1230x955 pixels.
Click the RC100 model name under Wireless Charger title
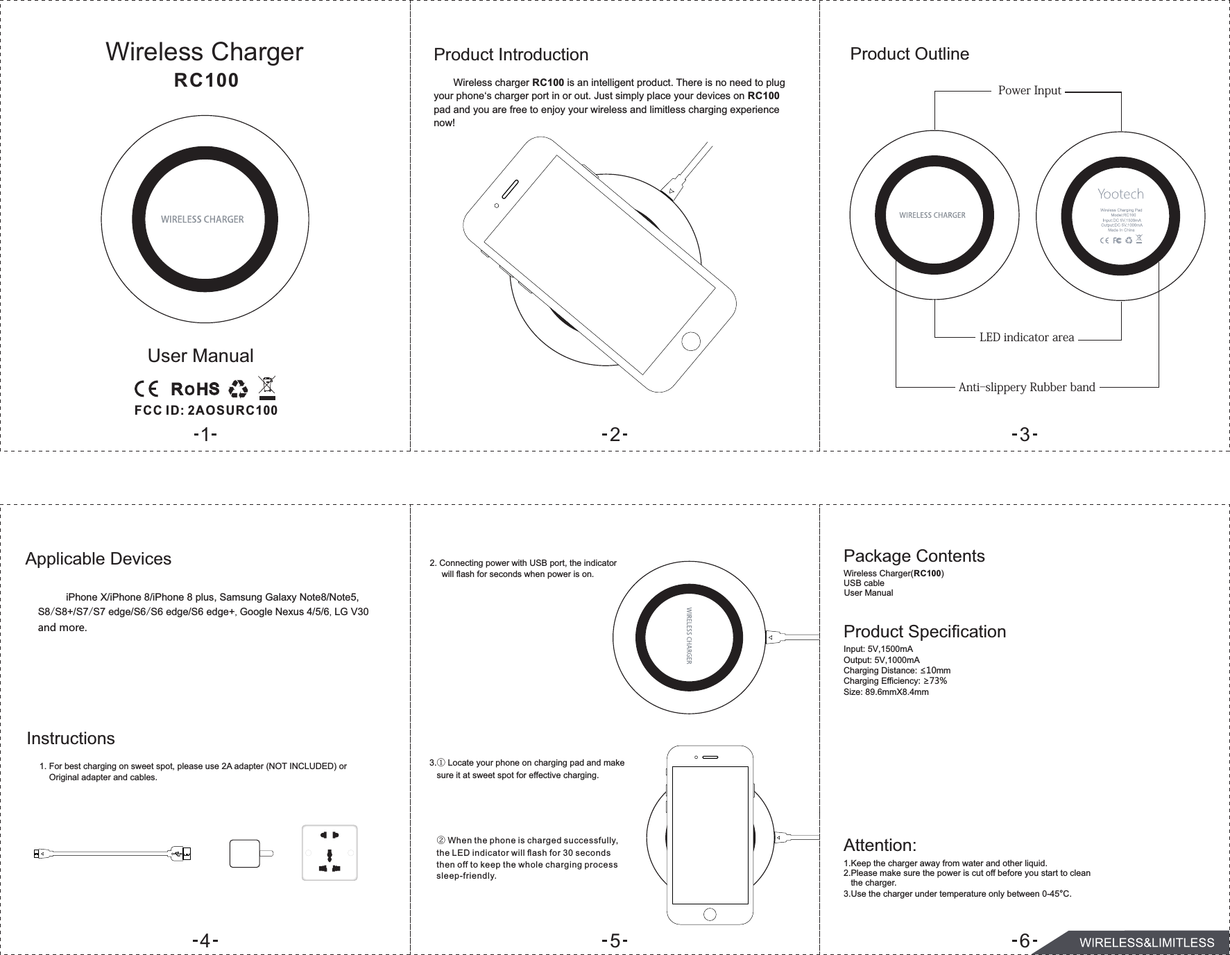tap(206, 81)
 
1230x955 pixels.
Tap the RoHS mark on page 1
tap(195, 388)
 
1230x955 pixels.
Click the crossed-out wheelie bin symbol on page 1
tap(267, 387)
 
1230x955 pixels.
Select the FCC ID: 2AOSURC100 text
tap(206, 410)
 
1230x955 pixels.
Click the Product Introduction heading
tap(511, 54)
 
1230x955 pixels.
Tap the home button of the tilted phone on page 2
tap(691, 342)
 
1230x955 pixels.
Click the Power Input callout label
tap(1029, 91)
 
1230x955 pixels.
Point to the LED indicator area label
tap(1026, 338)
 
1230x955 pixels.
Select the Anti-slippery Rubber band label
tap(1026, 387)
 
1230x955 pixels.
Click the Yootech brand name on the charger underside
tap(1120, 194)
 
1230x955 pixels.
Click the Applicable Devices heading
tap(98, 559)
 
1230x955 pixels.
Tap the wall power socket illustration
tap(330, 852)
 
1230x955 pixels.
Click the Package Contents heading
tap(914, 556)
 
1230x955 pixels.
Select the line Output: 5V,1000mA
tap(881, 660)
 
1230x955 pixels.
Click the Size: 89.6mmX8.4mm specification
tap(886, 692)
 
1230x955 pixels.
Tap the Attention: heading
tap(880, 845)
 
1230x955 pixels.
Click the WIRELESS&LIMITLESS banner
tap(1145, 943)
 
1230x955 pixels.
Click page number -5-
tap(615, 941)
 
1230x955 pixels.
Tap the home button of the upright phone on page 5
tap(710, 914)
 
